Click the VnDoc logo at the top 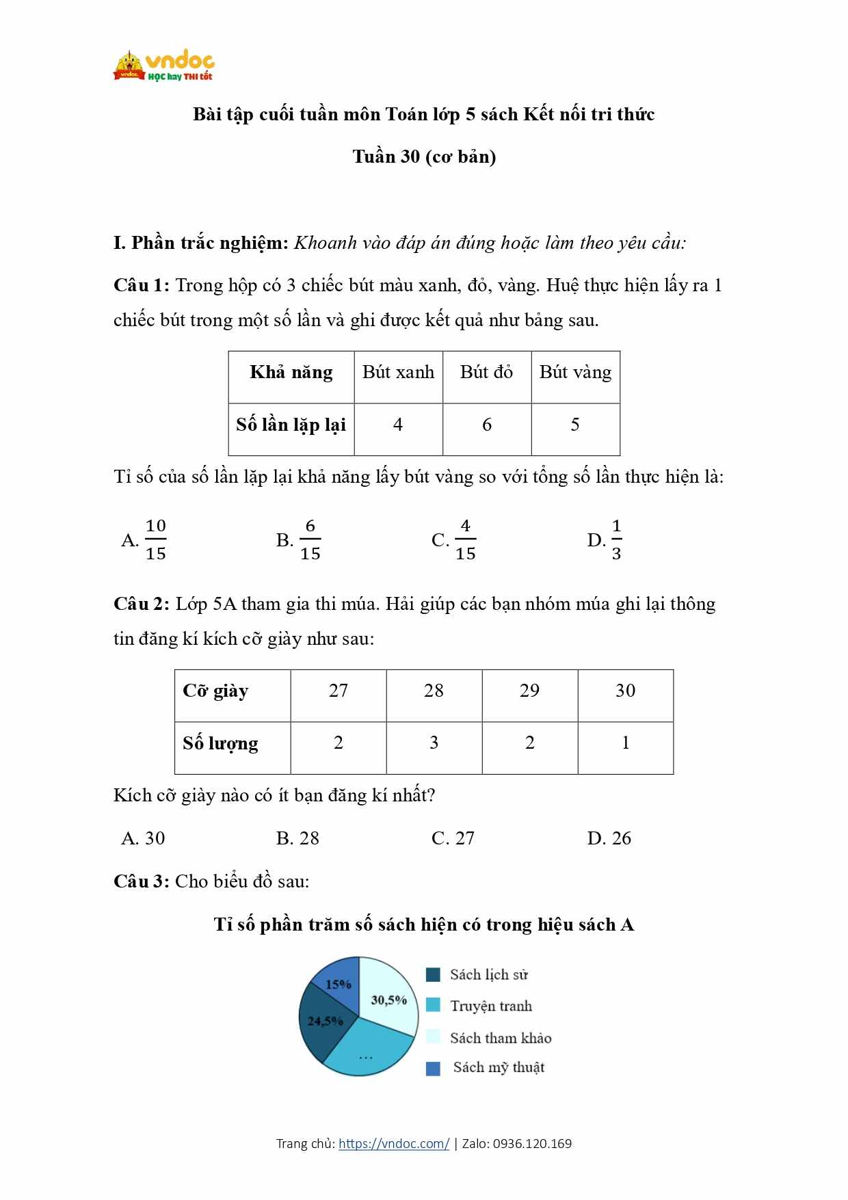pyautogui.click(x=164, y=66)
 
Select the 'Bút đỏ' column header pyautogui.click(x=486, y=373)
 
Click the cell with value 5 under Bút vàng pyautogui.click(x=575, y=425)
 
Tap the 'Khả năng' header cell pyautogui.click(x=291, y=373)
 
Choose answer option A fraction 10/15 pyautogui.click(x=145, y=539)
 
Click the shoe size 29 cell pyautogui.click(x=529, y=691)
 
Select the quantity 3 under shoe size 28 pyautogui.click(x=434, y=743)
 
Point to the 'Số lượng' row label pyautogui.click(x=220, y=743)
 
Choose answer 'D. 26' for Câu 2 pyautogui.click(x=609, y=838)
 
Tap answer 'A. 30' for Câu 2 pyautogui.click(x=143, y=838)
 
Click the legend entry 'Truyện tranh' pyautogui.click(x=490, y=1006)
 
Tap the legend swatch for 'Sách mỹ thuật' pyautogui.click(x=433, y=1068)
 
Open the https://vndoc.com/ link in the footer pyautogui.click(x=394, y=1143)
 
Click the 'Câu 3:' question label pyautogui.click(x=141, y=881)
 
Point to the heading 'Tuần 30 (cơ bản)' pyautogui.click(x=424, y=157)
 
